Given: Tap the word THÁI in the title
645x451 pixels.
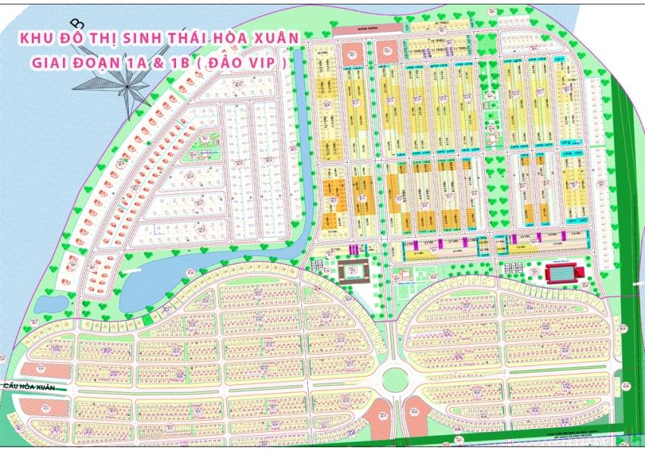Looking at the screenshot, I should (x=187, y=37).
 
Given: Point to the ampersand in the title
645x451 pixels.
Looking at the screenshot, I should (x=159, y=63).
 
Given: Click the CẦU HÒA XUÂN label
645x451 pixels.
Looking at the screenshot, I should (x=30, y=387).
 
